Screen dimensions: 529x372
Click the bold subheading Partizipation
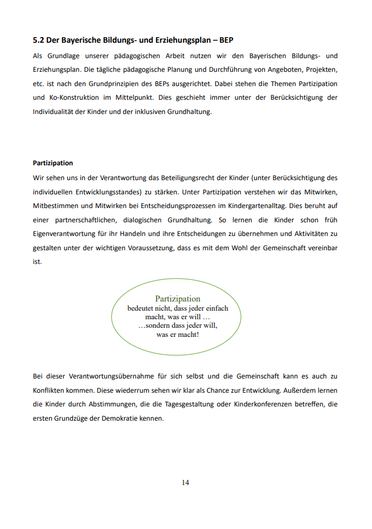[53, 163]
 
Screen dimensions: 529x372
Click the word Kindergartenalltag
[245, 205]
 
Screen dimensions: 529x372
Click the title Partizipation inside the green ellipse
[178, 299]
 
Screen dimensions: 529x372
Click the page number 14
[186, 482]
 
